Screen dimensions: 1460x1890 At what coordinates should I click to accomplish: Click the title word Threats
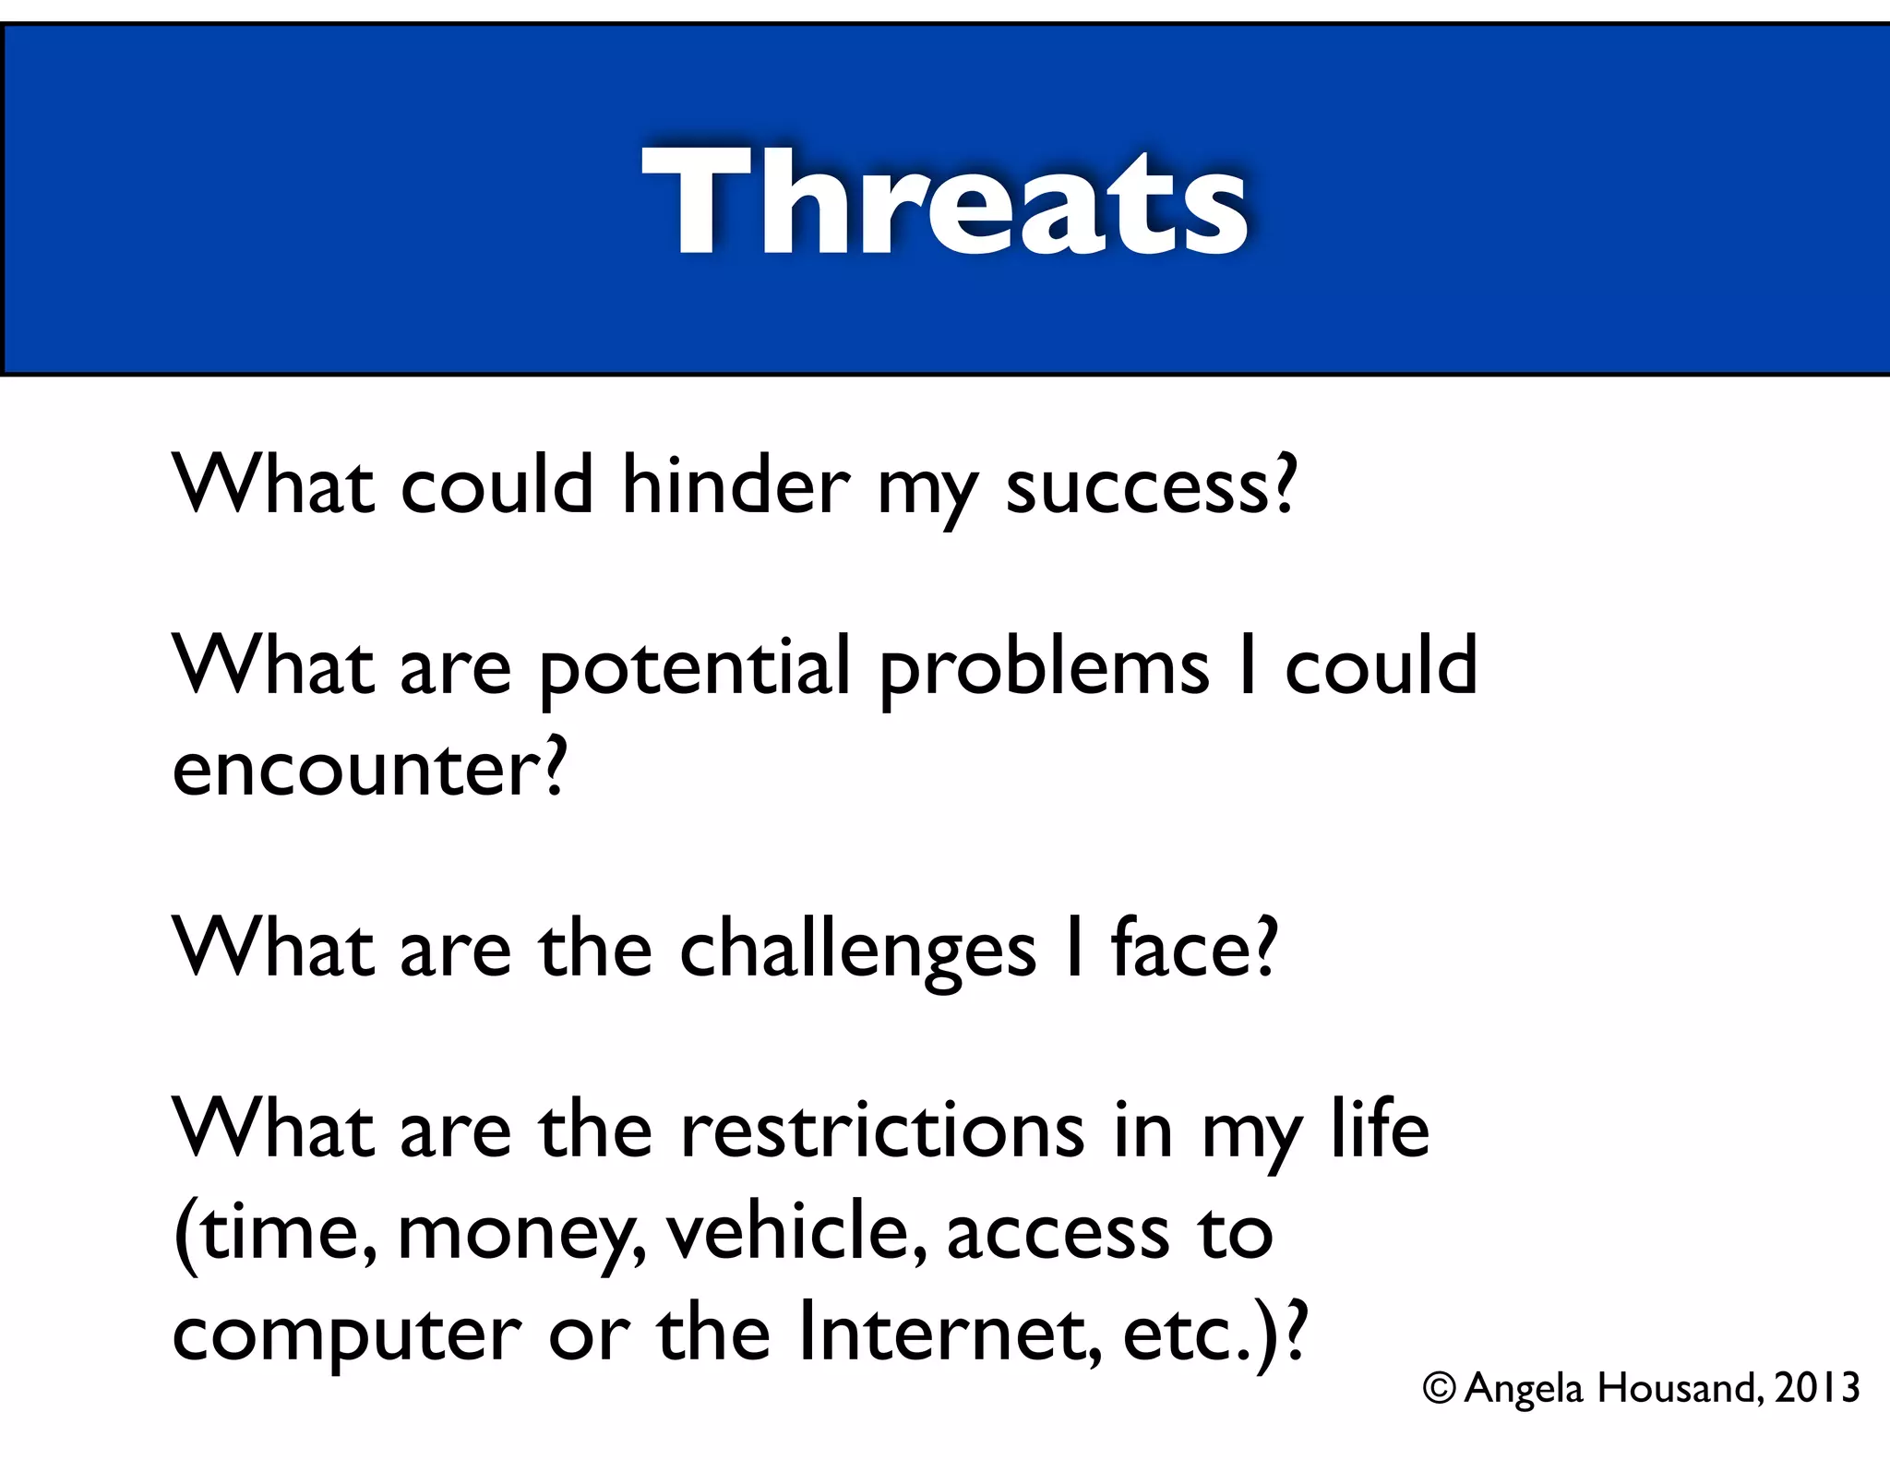pyautogui.click(x=944, y=201)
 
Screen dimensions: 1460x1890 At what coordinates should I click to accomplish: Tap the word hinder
pyautogui.click(x=736, y=486)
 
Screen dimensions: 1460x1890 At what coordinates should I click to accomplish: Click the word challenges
pyautogui.click(x=857, y=951)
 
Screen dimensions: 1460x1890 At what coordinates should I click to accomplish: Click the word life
pyautogui.click(x=1380, y=1130)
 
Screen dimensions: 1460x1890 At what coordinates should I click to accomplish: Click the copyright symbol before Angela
pyautogui.click(x=1440, y=1388)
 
